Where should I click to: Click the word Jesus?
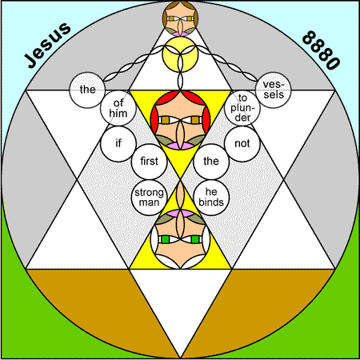click(47, 45)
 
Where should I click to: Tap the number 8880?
click(321, 50)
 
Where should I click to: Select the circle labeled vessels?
click(274, 90)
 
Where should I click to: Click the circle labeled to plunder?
click(242, 108)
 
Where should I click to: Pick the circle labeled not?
click(242, 144)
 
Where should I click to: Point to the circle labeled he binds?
click(211, 198)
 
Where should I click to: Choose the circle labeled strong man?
click(149, 198)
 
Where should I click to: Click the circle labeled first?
click(149, 162)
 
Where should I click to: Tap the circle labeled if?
click(118, 144)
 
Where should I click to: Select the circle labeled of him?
click(118, 108)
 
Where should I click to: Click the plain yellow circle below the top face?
click(181, 54)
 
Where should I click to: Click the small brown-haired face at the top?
click(181, 18)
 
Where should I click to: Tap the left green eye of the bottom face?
click(166, 239)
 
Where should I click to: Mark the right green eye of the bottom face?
click(195, 239)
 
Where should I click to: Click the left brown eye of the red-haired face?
click(166, 120)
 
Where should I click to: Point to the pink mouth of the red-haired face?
click(181, 146)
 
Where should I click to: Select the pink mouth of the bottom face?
click(181, 213)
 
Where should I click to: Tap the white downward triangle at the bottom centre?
click(181, 298)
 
